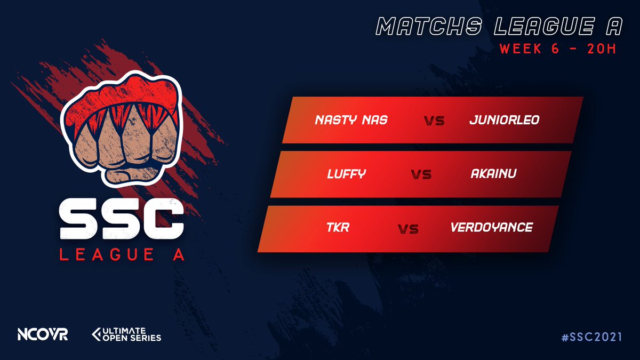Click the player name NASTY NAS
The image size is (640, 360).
coord(351,120)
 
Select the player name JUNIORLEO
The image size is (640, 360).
coord(504,120)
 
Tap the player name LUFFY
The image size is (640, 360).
coord(346,174)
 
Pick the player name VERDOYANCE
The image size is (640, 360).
coord(491,228)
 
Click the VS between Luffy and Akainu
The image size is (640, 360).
coord(421,174)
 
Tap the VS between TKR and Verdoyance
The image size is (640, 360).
coord(408,229)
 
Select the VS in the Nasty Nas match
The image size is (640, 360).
coord(435,121)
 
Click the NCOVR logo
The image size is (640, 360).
coord(42,334)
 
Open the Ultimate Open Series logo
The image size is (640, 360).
coord(126,334)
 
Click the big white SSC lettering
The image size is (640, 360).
coord(122,221)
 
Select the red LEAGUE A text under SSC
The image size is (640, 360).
coord(122,255)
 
